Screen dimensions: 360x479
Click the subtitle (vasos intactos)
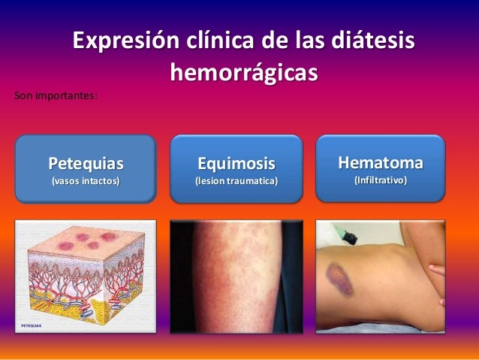[x=85, y=181]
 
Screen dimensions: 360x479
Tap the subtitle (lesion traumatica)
[x=236, y=182]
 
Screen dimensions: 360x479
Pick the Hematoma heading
[x=380, y=162]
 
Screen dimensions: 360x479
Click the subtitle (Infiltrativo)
[x=380, y=181]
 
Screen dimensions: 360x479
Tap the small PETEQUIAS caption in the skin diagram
[x=32, y=325]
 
